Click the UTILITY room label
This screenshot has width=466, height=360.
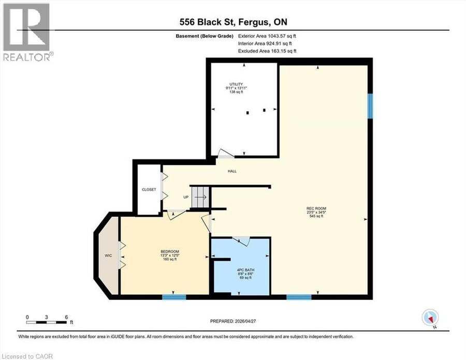236,84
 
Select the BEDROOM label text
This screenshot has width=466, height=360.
170,251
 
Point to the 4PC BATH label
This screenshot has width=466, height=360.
245,270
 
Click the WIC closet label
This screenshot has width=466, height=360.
108,255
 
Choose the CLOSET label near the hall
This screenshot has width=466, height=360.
149,189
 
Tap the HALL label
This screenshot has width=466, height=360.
232,171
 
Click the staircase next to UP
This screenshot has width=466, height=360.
200,197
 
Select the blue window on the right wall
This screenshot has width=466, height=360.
370,106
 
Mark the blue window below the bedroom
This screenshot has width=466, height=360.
174,297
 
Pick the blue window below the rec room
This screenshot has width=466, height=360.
299,297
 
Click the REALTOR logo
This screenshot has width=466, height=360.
26,32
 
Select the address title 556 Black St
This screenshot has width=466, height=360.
234,22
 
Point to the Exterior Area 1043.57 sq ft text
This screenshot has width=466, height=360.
267,36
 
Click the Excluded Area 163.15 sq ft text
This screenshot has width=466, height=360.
267,51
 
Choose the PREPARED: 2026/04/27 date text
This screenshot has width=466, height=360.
232,321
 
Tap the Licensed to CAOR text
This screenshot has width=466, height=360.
27,356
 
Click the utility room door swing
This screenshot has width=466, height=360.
226,153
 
